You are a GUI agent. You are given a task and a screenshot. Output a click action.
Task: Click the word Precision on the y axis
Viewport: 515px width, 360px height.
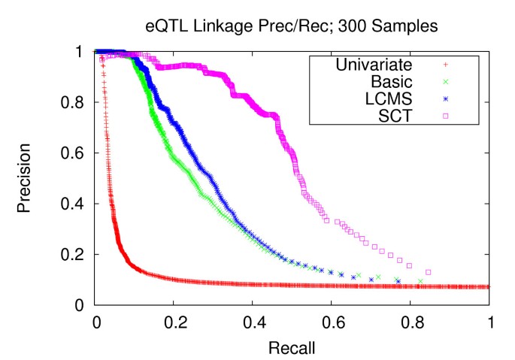click(26, 178)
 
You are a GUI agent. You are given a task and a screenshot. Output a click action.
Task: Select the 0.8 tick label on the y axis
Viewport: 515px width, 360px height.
click(74, 102)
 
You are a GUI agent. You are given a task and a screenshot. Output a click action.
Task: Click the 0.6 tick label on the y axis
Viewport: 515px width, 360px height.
click(74, 153)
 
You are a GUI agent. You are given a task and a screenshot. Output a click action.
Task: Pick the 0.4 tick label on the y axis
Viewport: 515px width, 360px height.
click(74, 204)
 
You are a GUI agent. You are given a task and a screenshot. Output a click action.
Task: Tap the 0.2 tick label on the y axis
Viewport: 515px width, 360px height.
click(74, 255)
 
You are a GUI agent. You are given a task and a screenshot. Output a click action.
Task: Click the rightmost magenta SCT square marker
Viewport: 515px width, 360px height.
click(429, 272)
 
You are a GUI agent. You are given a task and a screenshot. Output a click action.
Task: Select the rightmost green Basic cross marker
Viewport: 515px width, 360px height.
click(421, 281)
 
